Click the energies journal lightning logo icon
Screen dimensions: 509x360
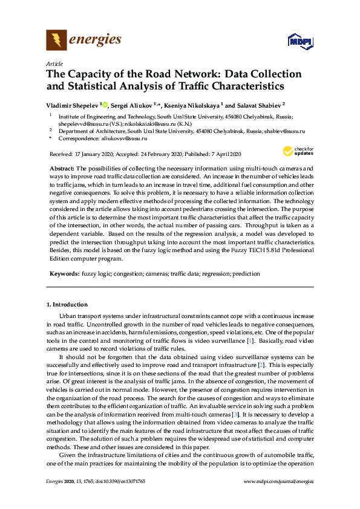pos(56,41)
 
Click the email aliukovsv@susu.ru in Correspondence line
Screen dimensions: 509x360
pos(117,138)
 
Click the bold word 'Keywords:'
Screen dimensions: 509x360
pos(63,273)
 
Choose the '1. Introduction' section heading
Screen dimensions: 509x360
pos(67,304)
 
